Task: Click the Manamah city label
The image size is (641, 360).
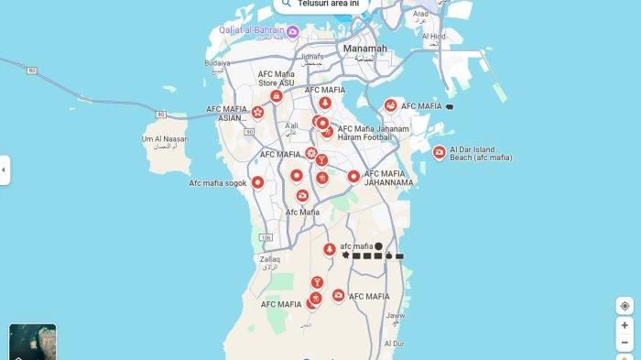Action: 364,48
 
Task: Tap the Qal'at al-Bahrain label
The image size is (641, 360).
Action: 249,30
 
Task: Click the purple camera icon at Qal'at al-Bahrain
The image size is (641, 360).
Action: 291,31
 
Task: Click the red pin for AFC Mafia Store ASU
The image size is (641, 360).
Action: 276,95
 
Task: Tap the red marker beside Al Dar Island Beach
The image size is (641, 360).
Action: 440,152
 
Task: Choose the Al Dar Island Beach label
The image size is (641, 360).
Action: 482,153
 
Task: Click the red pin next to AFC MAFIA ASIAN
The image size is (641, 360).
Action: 258,113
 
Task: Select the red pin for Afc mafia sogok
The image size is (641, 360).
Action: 258,182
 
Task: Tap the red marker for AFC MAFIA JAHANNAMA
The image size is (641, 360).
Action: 353,176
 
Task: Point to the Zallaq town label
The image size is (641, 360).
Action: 268,260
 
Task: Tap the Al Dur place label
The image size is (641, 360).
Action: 394,344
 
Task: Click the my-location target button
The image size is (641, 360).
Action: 625,306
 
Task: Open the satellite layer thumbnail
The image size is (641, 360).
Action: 32,342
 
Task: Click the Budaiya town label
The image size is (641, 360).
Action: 218,63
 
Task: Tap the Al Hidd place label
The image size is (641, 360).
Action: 433,37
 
